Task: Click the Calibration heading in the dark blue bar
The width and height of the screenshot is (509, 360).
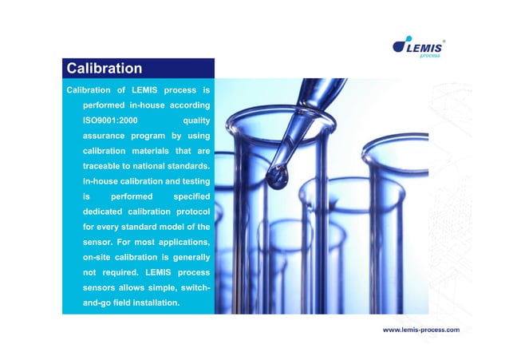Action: [x=104, y=68]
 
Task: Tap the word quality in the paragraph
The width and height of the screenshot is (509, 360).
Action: [x=196, y=121]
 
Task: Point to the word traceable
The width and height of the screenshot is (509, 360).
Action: [x=104, y=166]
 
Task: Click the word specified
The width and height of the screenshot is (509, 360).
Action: [x=191, y=196]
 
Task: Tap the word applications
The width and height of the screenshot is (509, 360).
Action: [x=182, y=242]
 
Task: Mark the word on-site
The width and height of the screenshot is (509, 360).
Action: [x=101, y=257]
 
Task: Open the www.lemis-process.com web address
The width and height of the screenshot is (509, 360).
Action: [x=420, y=329]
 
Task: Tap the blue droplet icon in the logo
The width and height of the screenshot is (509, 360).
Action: [x=400, y=46]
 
